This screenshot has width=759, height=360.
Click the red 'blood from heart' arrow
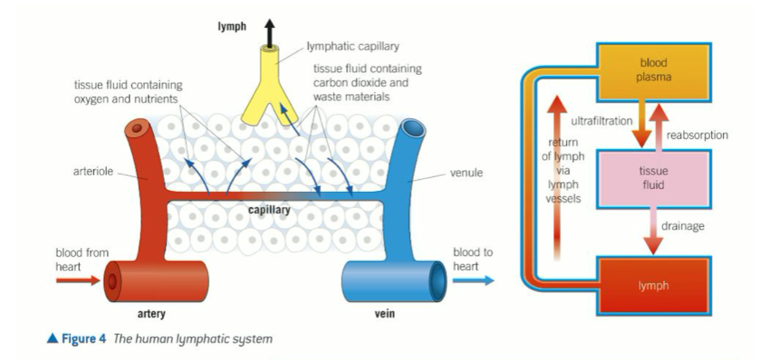77,280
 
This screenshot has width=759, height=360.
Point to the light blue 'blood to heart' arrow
473,280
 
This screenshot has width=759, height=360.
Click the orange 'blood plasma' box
653,69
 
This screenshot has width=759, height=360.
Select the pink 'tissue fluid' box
653,177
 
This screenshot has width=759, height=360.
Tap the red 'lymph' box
653,286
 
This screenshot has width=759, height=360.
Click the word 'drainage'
683,226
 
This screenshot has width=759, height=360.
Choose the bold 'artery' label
152,315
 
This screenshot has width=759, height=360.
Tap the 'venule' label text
467,173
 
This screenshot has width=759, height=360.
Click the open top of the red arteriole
136,130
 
